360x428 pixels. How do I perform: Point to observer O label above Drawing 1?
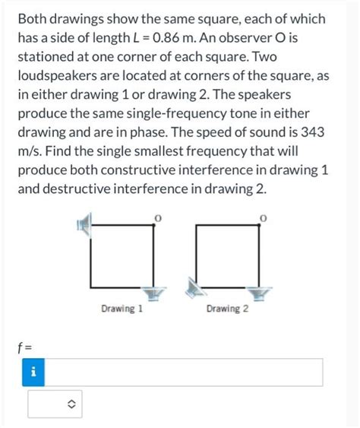[x=158, y=218]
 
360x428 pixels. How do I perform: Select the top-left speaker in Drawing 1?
[x=85, y=224]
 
